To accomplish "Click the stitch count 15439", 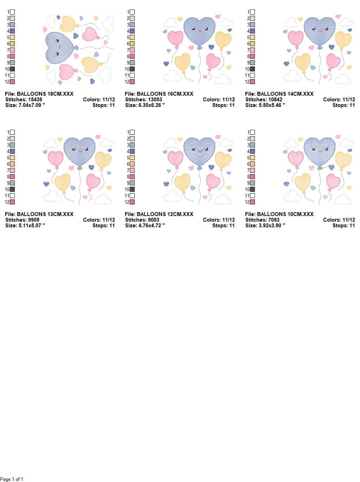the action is (35, 100).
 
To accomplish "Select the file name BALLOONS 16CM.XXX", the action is (165, 94).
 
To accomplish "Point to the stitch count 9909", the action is (34, 220).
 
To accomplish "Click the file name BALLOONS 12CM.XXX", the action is (165, 214).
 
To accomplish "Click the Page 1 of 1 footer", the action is (12, 479).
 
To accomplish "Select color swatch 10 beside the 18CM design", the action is (12, 69).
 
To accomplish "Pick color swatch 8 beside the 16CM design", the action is (132, 56).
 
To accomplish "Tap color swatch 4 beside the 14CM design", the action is (252, 31).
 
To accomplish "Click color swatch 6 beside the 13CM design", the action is (12, 164).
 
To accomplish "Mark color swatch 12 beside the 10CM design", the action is (252, 202).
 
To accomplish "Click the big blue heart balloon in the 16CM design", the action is (199, 32).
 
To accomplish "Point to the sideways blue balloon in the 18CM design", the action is (61, 48).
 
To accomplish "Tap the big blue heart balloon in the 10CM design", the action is (320, 153).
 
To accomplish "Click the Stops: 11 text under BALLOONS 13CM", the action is (104, 226).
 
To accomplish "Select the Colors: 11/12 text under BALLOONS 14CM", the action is (339, 100).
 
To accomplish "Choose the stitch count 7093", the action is (274, 220).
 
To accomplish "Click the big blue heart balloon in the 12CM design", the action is (199, 153).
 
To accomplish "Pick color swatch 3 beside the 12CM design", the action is (132, 145).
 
